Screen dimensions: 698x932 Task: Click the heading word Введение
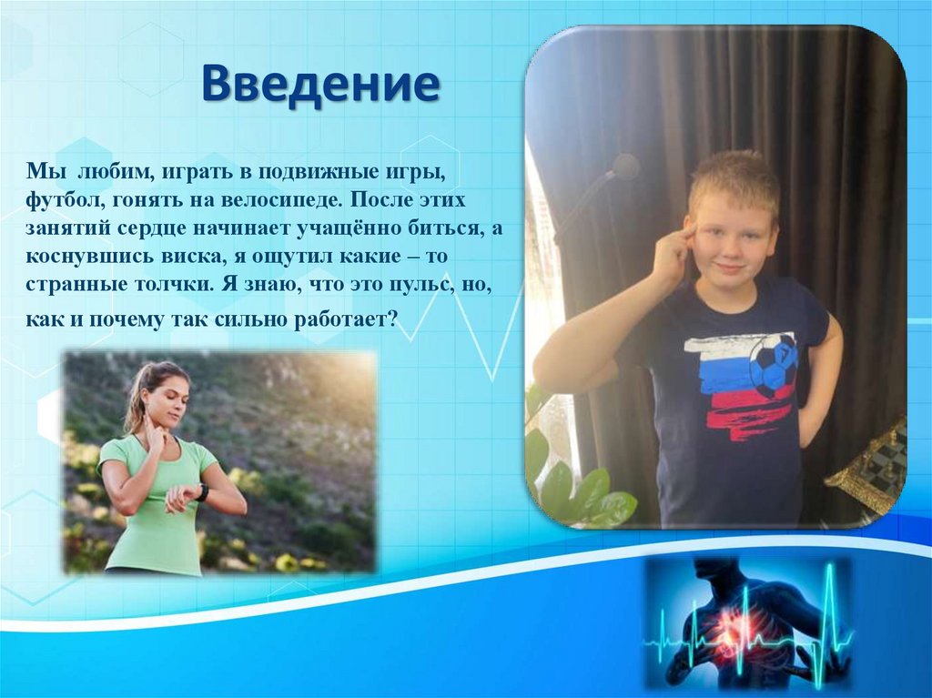pos(320,84)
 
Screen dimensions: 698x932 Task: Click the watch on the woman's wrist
pos(202,492)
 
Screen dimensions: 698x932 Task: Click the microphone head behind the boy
pos(625,166)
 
